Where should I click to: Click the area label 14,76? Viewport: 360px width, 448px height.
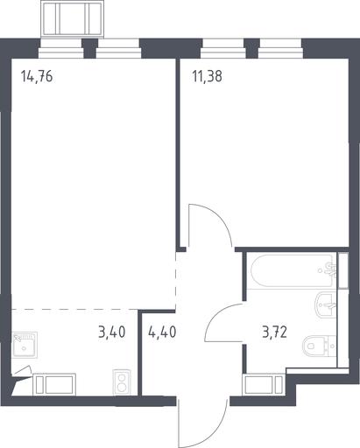point(37,77)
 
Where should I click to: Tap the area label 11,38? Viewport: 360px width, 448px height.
point(207,76)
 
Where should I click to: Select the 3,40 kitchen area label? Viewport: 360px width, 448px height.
point(112,332)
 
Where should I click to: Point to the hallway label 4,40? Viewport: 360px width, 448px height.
point(162,332)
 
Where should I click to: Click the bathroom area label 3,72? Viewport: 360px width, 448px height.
point(274,332)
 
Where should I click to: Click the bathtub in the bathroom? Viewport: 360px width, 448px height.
point(292,271)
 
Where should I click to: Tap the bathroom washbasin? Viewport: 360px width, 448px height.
point(326,304)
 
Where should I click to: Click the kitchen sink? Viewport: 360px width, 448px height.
point(25,345)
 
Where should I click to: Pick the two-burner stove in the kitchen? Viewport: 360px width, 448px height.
point(121,382)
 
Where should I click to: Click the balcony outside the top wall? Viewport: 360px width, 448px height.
point(72,19)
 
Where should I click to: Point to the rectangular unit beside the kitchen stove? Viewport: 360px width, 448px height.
point(54,384)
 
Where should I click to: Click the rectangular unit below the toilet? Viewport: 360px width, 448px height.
point(264,384)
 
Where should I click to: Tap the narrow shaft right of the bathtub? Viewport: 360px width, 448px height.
point(343,270)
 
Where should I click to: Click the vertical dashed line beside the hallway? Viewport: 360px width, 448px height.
point(175,280)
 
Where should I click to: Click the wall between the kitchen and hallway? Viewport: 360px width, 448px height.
point(140,353)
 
